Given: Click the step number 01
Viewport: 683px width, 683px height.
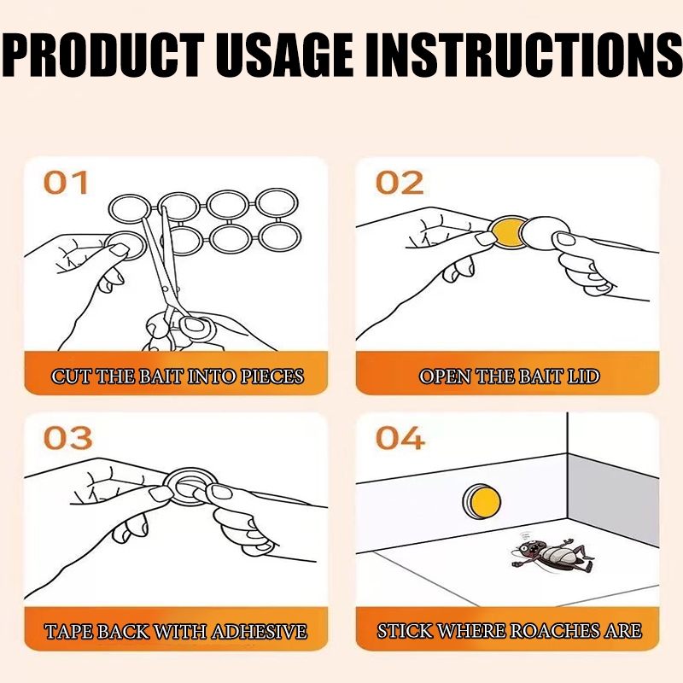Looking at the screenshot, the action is coord(67,183).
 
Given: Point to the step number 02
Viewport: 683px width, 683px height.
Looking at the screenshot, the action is coord(400,183).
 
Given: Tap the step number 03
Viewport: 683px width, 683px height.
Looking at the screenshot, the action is coord(68,438).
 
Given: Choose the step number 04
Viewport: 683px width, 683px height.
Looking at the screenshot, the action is coord(400,438).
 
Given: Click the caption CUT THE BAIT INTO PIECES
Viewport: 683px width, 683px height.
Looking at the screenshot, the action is coord(178,377).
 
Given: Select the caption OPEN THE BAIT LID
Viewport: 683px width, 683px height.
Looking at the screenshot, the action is coord(509,377).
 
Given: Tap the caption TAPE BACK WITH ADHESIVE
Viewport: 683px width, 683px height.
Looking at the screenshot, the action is coord(176,631).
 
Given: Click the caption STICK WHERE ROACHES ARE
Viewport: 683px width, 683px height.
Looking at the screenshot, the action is coord(509,631).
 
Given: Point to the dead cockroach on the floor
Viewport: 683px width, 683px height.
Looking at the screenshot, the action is coord(552,553).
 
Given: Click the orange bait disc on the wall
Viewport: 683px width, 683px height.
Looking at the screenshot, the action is coord(482,502).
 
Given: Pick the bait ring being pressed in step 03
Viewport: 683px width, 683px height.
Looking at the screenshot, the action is coord(190,487).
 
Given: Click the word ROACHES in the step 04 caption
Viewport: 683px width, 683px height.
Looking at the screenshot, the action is coord(554,631).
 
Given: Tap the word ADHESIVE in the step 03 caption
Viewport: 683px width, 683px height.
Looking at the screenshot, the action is coord(260,631).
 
